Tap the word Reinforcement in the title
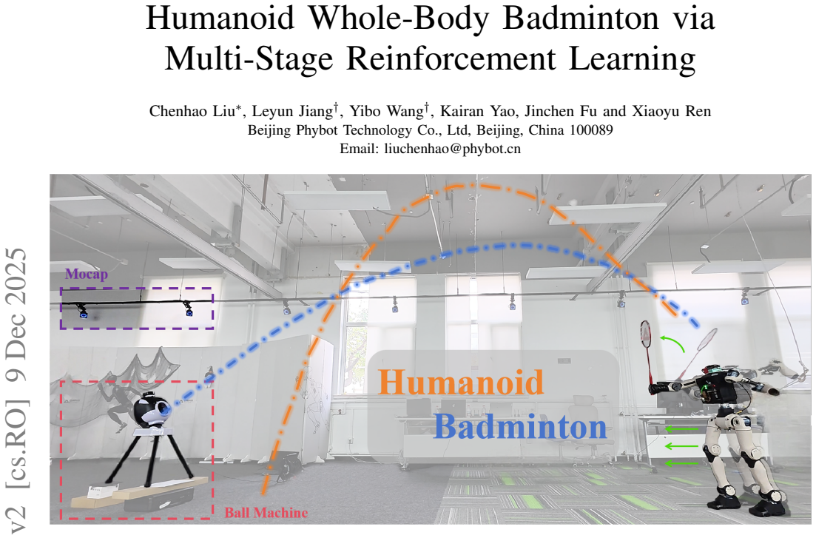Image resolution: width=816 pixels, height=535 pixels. pos(451,58)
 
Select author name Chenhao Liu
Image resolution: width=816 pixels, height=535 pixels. pos(192,112)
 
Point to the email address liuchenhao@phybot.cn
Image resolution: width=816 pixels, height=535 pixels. pos(452,149)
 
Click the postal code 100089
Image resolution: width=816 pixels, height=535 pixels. pos(591,130)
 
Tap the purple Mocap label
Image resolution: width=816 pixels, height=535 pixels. pos(87,274)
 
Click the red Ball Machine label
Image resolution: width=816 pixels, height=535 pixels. pos(266,513)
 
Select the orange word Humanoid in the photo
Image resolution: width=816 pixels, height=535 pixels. pos(461,382)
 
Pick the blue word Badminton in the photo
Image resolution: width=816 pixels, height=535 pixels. pos(520,427)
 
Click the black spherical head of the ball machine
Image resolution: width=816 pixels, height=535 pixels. pos(150,412)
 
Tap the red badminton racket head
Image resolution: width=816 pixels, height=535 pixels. pos(646,334)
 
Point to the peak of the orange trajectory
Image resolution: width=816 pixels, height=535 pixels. pos(473,184)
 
